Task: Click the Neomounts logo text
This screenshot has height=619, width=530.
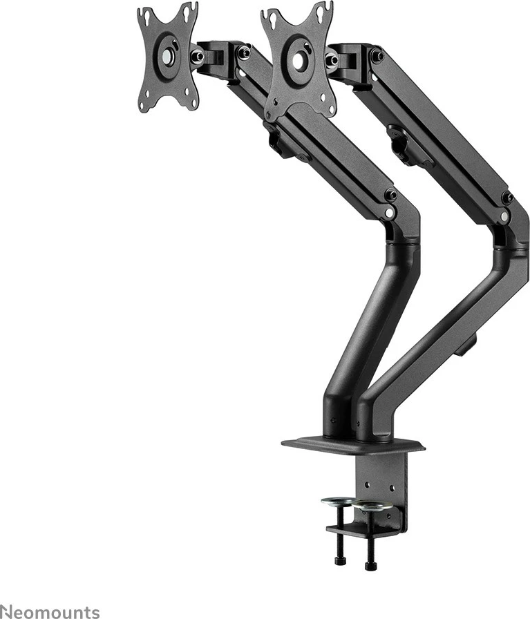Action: tap(50, 611)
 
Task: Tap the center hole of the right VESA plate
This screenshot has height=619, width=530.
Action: tap(298, 61)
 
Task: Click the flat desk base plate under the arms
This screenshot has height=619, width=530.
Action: tap(352, 444)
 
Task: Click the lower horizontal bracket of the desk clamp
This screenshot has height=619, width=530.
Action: tap(362, 531)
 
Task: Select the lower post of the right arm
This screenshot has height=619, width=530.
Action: tap(442, 332)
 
